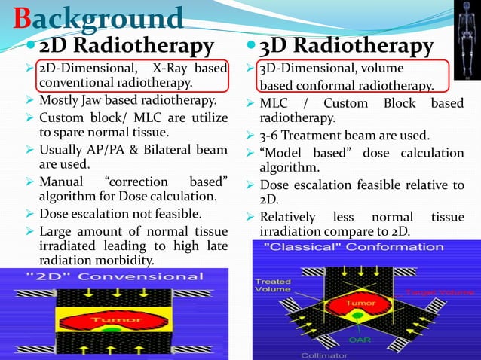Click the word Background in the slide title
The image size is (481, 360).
coord(99,18)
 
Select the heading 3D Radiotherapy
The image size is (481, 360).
coord(346,46)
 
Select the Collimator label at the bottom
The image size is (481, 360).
coord(320,355)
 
